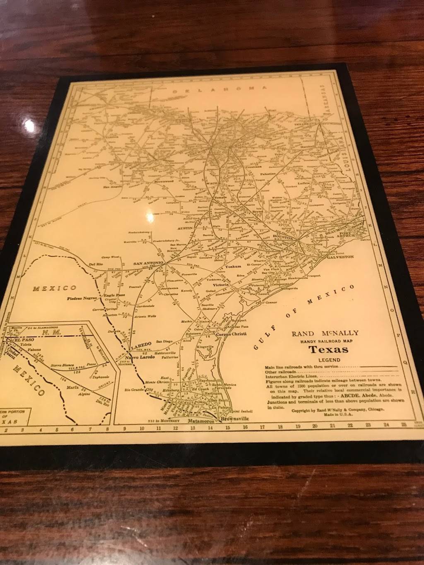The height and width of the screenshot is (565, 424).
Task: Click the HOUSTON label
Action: pos(282,238)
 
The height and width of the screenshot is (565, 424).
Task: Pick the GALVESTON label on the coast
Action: pos(340,256)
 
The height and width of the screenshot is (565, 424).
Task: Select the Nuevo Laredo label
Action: pos(140,356)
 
